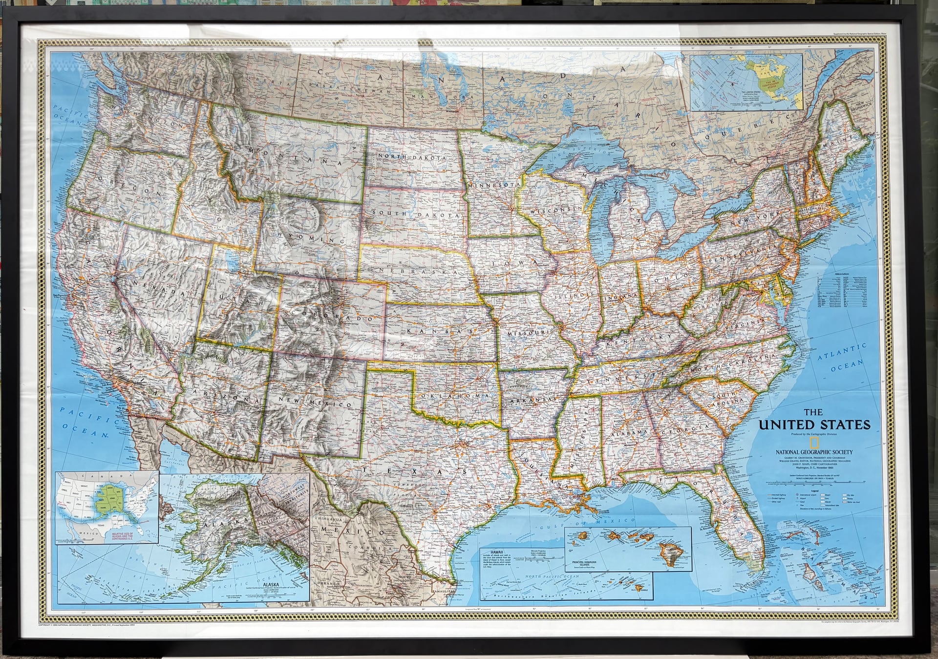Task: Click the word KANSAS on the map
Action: coord(438,332)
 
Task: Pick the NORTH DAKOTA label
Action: coord(411,157)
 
